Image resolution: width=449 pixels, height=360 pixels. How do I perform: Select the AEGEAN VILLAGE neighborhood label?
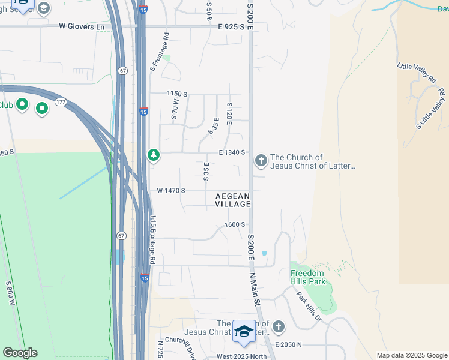pos(232,200)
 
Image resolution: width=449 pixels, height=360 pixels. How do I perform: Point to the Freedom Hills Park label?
pos(308,277)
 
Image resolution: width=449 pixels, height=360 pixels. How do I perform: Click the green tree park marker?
pos(154,155)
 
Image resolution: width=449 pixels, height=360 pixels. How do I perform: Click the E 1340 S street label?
pos(232,152)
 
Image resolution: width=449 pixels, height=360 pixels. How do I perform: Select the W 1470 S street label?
pos(171,190)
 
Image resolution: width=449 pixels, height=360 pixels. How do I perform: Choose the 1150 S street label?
pos(177,94)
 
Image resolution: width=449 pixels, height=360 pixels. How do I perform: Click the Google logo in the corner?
pos(20,353)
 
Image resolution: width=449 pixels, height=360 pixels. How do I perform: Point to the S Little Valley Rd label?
pos(430,108)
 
